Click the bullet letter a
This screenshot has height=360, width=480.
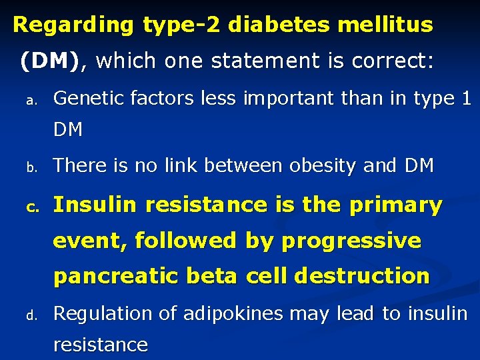[30, 101]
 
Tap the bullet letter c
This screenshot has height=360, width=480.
[30, 207]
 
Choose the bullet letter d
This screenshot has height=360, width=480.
[30, 314]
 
